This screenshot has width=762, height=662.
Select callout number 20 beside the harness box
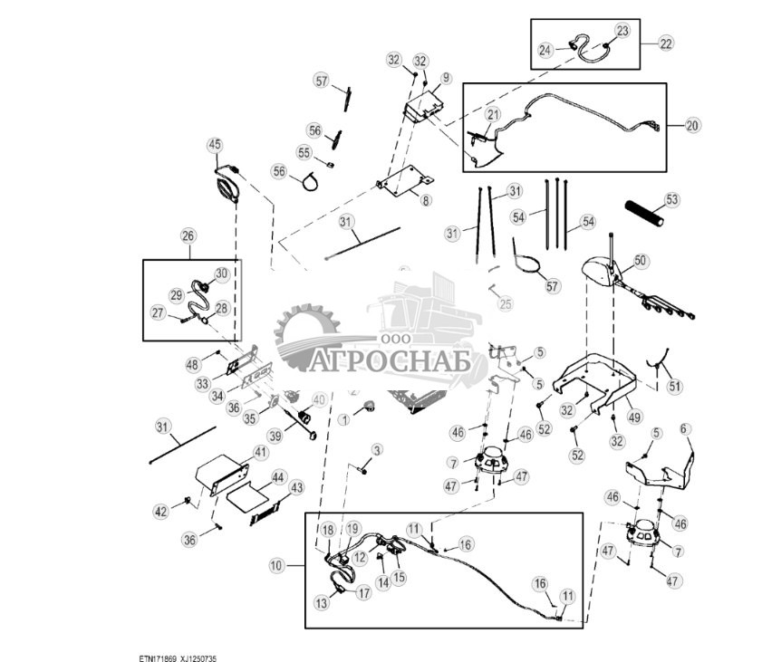(691, 125)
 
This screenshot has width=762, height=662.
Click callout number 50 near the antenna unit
(640, 261)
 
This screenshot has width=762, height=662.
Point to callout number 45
(214, 145)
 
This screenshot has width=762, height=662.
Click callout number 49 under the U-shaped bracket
(633, 417)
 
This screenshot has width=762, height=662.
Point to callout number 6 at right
(685, 429)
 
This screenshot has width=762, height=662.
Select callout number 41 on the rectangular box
(260, 452)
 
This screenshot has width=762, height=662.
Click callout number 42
(160, 512)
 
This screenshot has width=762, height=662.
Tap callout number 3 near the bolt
(377, 449)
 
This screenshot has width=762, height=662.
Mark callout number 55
(304, 152)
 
